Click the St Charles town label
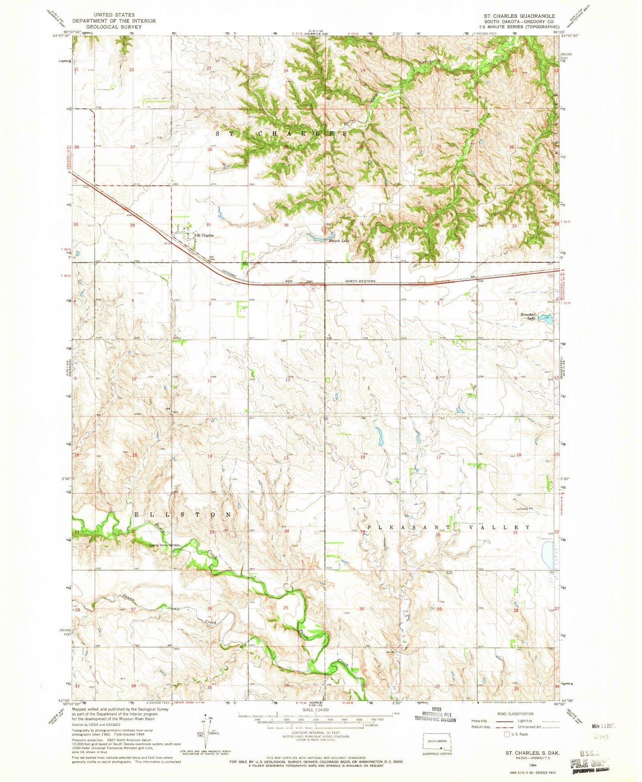click(x=205, y=235)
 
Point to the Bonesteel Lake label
click(x=529, y=316)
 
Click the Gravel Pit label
click(x=525, y=509)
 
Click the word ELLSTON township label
click(x=182, y=514)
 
